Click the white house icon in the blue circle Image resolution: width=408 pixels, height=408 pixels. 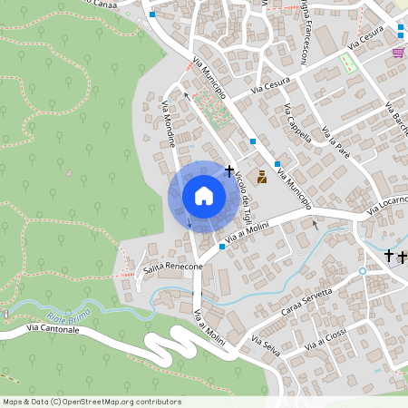pos(204,195)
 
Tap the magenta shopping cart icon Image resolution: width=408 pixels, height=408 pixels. pos(397,53)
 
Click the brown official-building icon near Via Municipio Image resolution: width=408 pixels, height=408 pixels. pos(262,178)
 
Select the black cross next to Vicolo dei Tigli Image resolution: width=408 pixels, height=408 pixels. pos(229,170)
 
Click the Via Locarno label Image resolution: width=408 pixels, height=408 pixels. pos(387,206)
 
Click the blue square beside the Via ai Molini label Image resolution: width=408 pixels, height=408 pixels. pos(221,247)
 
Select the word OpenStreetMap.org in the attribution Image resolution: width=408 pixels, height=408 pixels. pos(112,401)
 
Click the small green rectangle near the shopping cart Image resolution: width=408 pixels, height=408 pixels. pos(347,64)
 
